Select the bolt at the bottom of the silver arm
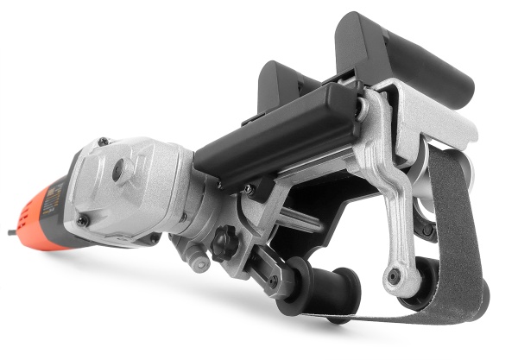coord(394,276)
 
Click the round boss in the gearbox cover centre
coord(118,171)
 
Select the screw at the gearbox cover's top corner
coord(103,142)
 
